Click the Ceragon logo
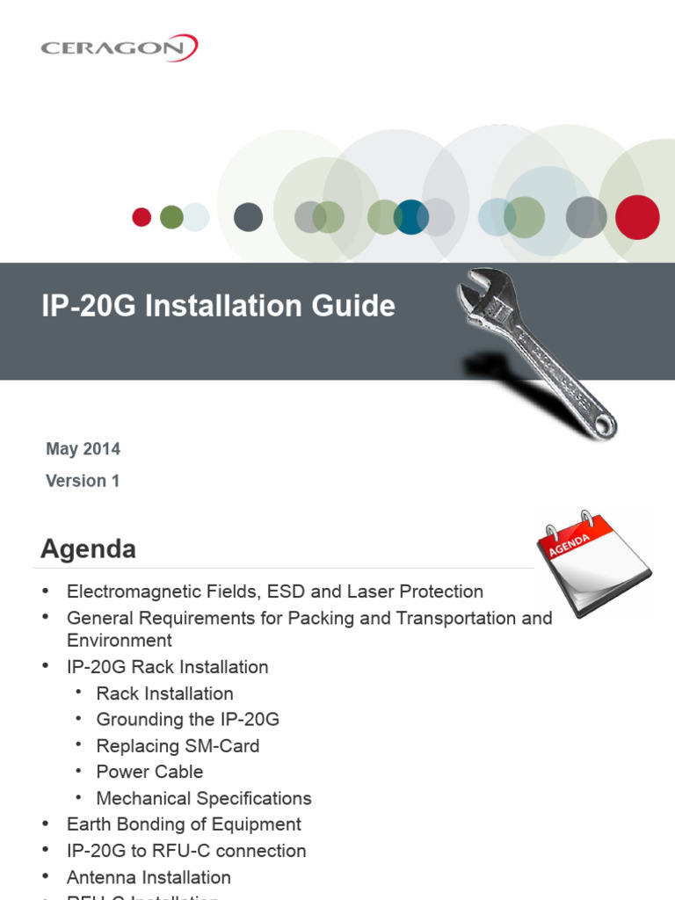coord(119,47)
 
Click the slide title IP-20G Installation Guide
coord(218,306)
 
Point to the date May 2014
coord(83,449)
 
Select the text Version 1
coord(83,481)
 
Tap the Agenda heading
coord(88,549)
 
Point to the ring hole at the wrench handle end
coord(604,425)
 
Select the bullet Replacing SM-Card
coord(178,746)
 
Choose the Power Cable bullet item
coord(149,772)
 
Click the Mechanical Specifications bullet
coord(204,798)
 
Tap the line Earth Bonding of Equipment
coord(184,824)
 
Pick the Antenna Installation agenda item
coord(149,877)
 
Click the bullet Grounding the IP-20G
coord(187,720)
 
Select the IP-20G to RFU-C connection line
coord(186,851)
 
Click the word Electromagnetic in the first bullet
coord(127,592)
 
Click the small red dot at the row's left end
coord(142,217)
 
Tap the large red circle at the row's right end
coord(637,217)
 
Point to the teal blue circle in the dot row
coord(410,217)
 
